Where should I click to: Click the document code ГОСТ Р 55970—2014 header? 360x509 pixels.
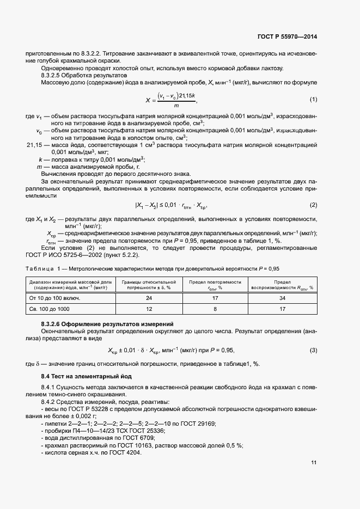pos(286,37)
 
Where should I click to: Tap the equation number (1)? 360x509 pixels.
pos(313,100)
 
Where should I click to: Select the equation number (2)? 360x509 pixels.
pos(313,205)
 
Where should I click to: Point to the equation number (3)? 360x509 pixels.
pos(313,350)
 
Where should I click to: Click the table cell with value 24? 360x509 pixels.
pos(149,298)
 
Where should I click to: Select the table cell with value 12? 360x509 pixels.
pos(149,309)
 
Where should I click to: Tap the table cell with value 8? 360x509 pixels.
pos(215,309)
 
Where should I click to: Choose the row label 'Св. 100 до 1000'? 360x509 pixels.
pos(47,309)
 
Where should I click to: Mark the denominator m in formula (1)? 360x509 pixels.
pos(175,106)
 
